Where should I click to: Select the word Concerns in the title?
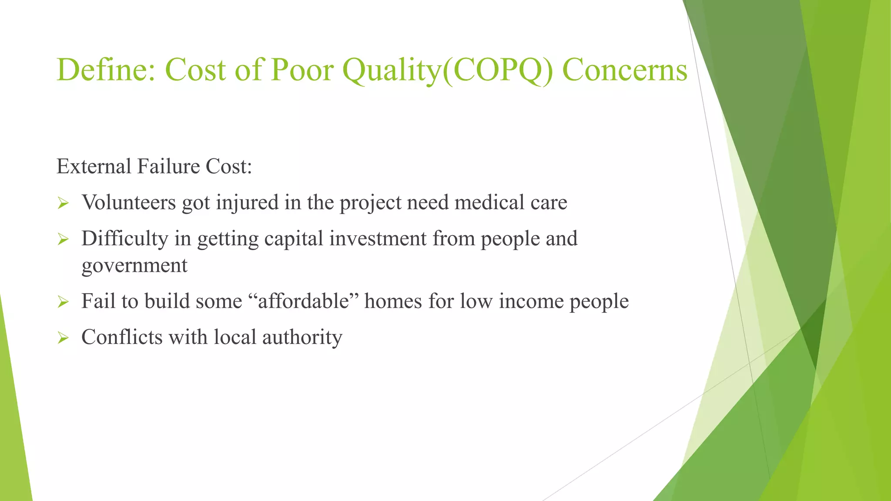[x=625, y=70]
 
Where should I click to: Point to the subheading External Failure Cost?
[x=154, y=167]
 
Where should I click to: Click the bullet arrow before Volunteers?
[x=64, y=203]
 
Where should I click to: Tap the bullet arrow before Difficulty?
[x=64, y=239]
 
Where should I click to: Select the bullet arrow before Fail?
[x=64, y=302]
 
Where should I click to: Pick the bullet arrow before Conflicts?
[x=64, y=338]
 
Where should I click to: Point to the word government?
[x=134, y=266]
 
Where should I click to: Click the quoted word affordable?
[x=304, y=301]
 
